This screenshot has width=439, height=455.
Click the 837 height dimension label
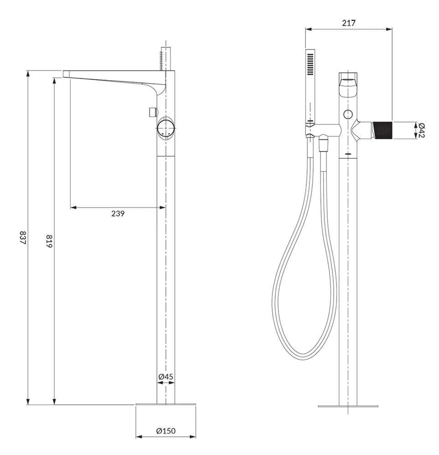point(23,238)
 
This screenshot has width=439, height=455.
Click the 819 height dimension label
point(49,241)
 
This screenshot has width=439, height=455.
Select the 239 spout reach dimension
point(118,213)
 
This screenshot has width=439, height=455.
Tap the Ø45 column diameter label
point(166,377)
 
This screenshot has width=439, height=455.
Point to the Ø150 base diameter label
point(166,431)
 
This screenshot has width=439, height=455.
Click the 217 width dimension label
point(349,23)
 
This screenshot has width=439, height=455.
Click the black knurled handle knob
point(382,131)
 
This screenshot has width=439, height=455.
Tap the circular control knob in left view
point(166,128)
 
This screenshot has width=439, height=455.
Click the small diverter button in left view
point(153,112)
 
